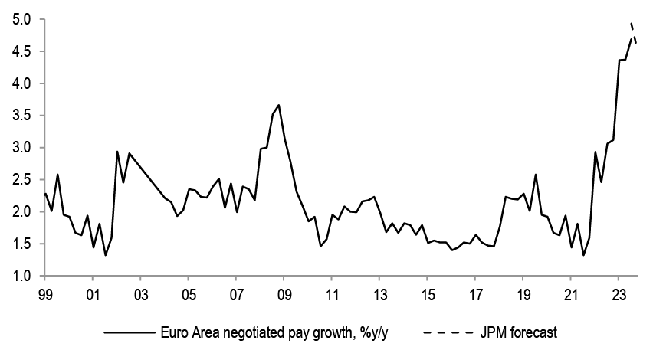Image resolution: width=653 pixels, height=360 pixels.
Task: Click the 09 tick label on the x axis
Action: pyautogui.click(x=284, y=294)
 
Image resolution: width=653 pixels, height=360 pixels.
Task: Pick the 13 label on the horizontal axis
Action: pyautogui.click(x=379, y=294)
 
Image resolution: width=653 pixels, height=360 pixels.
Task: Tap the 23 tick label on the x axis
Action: pyautogui.click(x=618, y=294)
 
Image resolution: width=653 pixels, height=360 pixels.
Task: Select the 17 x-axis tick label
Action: pyautogui.click(x=474, y=294)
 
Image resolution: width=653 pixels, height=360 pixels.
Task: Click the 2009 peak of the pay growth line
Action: pyautogui.click(x=279, y=105)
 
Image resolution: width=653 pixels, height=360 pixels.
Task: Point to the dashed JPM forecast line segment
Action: pyautogui.click(x=633, y=33)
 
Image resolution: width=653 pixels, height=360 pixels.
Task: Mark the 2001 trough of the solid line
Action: pyautogui.click(x=105, y=254)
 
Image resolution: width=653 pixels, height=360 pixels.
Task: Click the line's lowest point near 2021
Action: pyautogui.click(x=583, y=254)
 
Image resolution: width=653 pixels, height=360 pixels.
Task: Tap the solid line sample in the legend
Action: pyautogui.click(x=130, y=333)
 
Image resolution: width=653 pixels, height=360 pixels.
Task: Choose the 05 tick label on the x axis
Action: pyautogui.click(x=189, y=294)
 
